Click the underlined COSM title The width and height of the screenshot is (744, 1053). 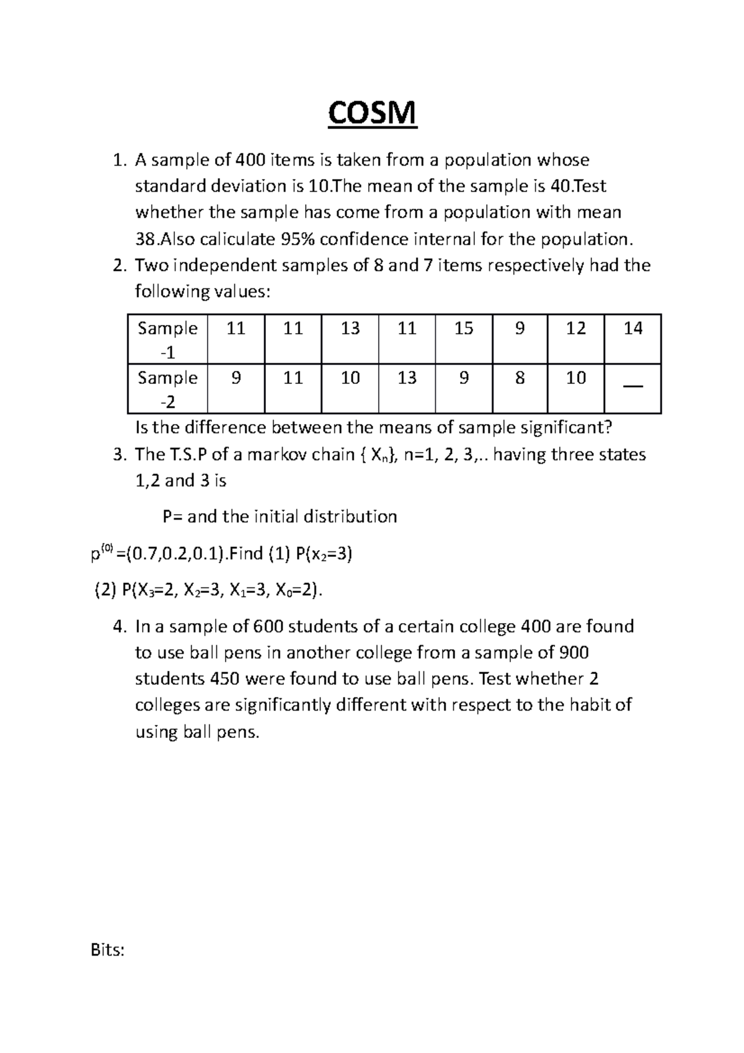372,113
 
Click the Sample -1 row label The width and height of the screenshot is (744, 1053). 167,339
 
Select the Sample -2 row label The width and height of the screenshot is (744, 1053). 167,389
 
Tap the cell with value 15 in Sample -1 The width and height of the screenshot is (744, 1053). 464,328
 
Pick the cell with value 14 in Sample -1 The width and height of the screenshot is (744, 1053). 632,328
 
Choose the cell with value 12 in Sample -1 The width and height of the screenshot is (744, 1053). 576,328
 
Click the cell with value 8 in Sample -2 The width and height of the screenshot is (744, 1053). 520,378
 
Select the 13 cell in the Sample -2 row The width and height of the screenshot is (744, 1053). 407,378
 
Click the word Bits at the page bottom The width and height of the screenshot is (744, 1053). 107,950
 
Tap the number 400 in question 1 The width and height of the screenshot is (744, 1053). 251,161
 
